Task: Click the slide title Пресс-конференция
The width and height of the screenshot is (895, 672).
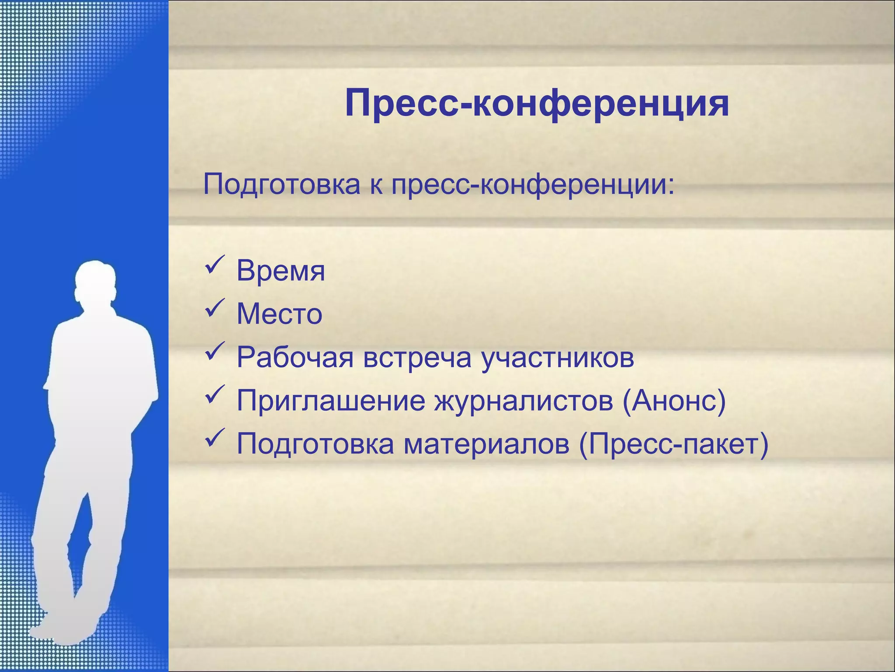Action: click(537, 104)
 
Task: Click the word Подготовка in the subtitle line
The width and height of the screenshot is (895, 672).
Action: click(281, 184)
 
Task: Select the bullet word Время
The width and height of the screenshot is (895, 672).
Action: click(281, 271)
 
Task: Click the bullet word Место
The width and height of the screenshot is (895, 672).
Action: click(279, 314)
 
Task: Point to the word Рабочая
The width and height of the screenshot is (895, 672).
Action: click(295, 357)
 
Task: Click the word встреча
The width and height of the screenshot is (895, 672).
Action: click(417, 357)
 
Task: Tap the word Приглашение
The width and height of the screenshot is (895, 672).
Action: click(331, 401)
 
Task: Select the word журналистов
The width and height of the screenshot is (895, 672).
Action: click(524, 401)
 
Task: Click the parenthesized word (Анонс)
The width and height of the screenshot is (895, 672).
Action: click(674, 401)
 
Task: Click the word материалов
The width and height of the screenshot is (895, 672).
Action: click(486, 444)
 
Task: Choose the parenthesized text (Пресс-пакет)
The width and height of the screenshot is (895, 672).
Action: click(673, 444)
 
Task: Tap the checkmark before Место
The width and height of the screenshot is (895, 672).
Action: click(215, 308)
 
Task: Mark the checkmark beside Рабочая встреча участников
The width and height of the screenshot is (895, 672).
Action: click(215, 351)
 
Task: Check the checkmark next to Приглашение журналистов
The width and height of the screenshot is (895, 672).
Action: click(215, 394)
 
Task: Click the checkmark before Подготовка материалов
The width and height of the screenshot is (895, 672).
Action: click(215, 437)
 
